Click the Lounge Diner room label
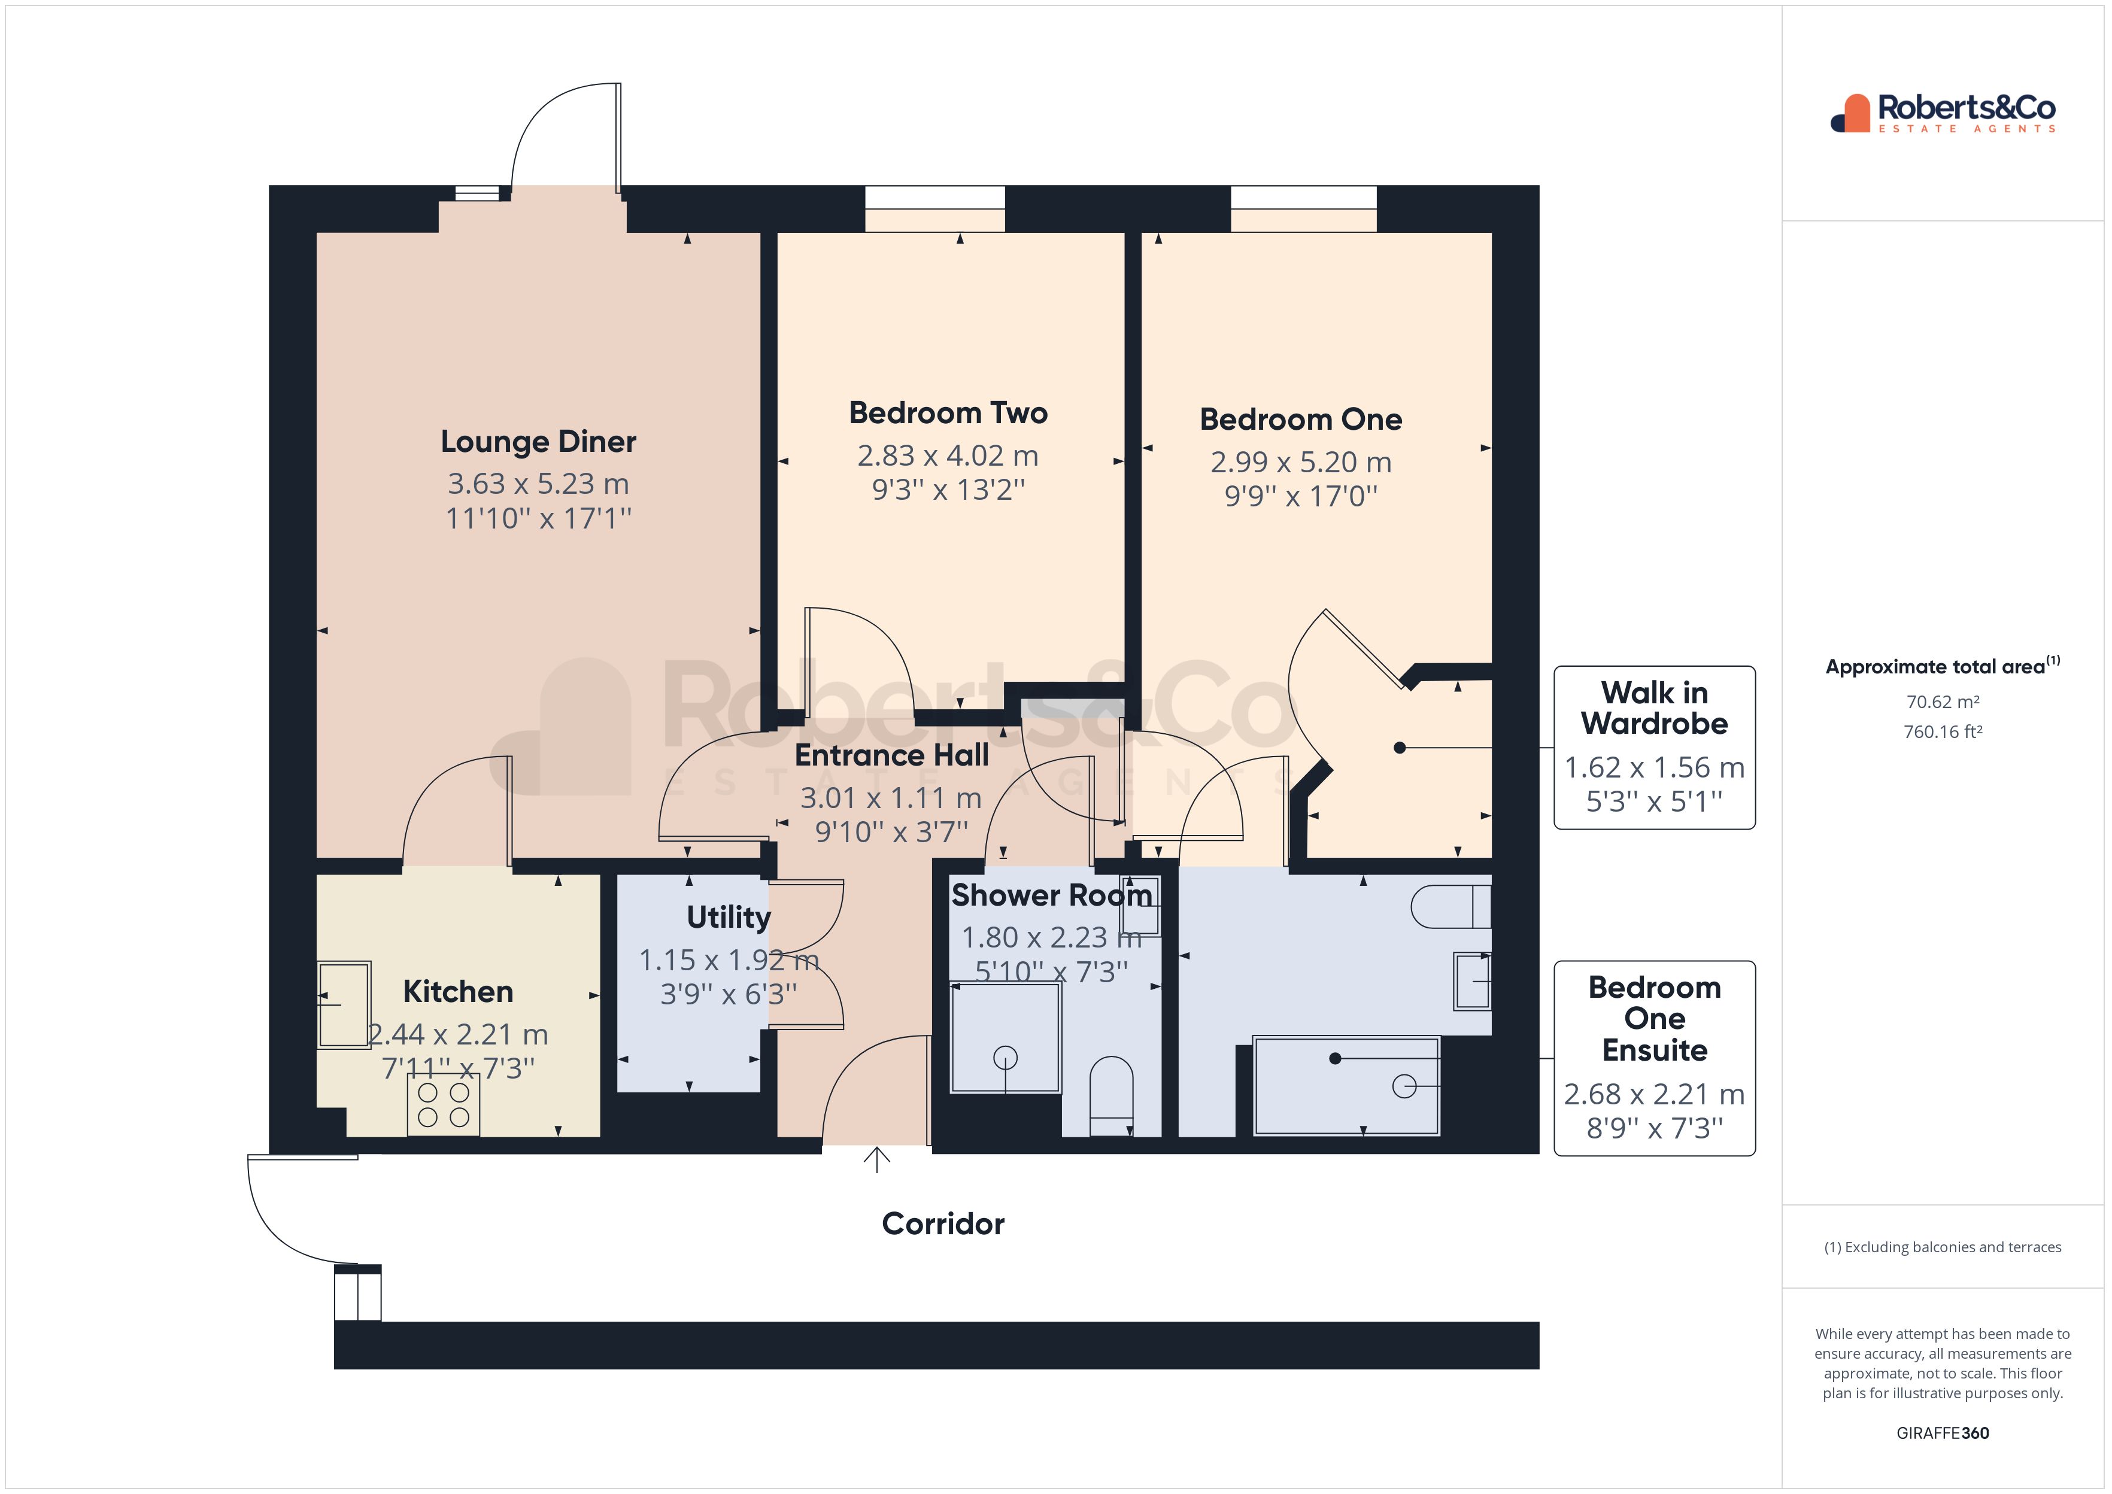click(538, 442)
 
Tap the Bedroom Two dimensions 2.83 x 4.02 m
click(948, 456)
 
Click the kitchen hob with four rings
click(444, 1105)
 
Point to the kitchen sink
click(344, 1004)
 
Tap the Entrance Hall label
click(891, 755)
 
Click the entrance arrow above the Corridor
click(876, 1160)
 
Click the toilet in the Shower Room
click(1111, 1095)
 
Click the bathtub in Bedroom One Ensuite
click(1346, 1086)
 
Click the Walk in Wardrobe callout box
click(1654, 747)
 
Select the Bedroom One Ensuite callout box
click(1654, 1058)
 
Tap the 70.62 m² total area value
click(1942, 702)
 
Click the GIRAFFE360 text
click(1942, 1434)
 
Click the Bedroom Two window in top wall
click(934, 198)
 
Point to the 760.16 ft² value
click(1942, 732)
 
